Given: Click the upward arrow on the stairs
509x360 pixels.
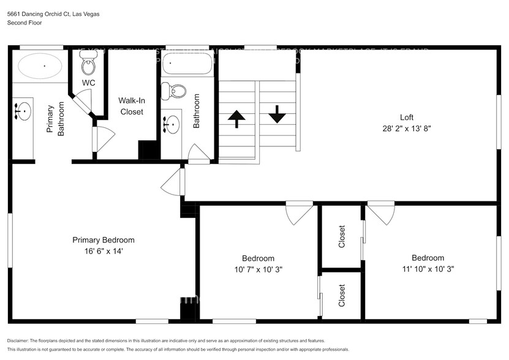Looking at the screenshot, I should coord(236,118).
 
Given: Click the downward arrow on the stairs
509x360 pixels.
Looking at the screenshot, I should coord(277,114).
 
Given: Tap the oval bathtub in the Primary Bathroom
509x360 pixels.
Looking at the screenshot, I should coord(40,66).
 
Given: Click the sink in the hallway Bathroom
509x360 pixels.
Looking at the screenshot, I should coord(172,125).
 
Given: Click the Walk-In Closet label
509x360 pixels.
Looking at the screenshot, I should coord(131,105).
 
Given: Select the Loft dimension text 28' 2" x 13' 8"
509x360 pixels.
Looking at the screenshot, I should coord(407,129).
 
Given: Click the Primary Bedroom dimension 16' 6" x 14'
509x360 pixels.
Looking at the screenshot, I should coord(103,251).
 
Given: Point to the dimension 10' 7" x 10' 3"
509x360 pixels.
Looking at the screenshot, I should coord(258,269).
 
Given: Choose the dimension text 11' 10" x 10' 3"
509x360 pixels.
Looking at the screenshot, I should coord(428,269).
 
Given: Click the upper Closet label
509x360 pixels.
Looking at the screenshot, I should coord(342,237).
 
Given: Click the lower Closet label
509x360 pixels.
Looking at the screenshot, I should coord(342,296).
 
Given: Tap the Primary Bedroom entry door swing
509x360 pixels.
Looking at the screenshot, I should coord(174,183).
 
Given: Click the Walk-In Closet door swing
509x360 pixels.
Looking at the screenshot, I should coord(103,139).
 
